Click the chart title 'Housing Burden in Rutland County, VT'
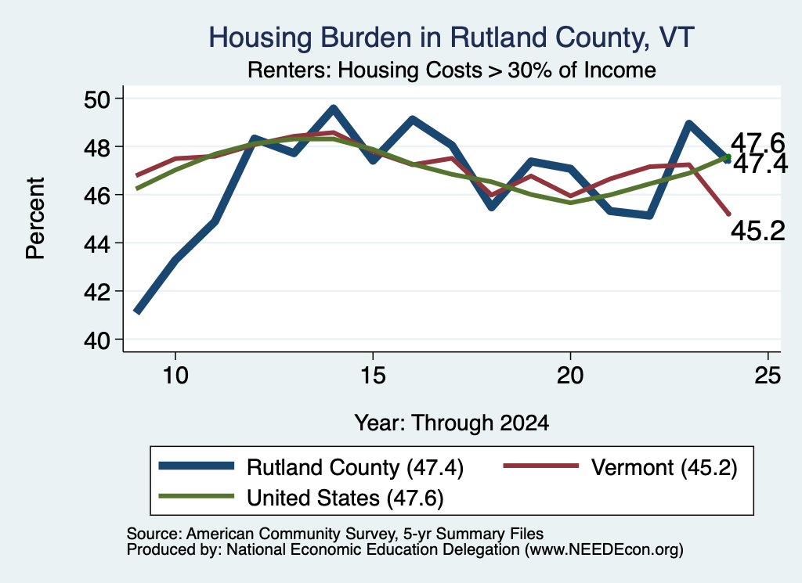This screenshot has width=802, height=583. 451,38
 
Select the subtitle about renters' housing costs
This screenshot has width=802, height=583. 452,70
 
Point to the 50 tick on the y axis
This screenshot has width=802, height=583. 96,99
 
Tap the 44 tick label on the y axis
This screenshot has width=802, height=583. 96,243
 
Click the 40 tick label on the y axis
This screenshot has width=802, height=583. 96,340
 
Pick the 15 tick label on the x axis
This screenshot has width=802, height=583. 373,376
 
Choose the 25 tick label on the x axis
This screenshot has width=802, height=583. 768,376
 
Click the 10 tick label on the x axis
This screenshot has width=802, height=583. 175,376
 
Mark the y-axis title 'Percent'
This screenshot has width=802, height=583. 35,218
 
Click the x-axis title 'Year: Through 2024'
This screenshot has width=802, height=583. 452,423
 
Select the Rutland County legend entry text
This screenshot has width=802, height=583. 355,467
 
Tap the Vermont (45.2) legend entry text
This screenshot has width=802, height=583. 664,467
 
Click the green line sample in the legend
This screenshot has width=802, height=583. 197,496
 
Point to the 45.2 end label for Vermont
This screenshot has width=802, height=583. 757,231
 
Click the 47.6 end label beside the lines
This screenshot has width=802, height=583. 757,142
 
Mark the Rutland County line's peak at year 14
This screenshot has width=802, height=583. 334,108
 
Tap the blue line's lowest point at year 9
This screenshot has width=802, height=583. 136,311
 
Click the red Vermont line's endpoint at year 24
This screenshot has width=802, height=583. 728,214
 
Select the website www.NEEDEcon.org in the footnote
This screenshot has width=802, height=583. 604,550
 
